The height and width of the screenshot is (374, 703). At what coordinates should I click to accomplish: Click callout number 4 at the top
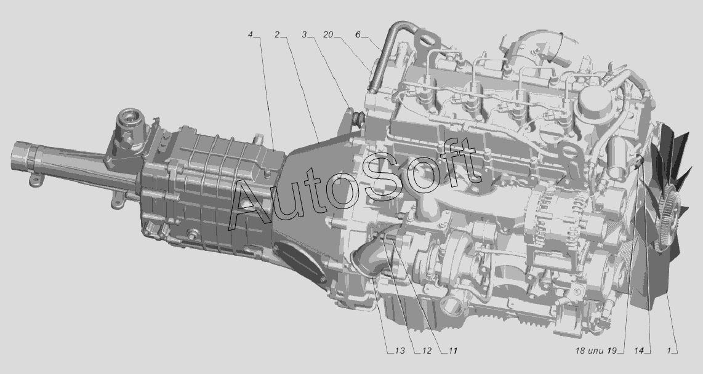point(251,35)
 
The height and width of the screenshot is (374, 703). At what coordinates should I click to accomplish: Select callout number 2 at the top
point(278,35)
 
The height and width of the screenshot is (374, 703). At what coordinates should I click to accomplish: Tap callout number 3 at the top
point(304,35)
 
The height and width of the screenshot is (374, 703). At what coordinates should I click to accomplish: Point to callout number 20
point(327,35)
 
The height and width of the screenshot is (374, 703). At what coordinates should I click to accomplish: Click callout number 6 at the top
point(358,35)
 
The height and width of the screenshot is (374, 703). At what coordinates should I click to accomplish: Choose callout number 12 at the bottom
point(426,351)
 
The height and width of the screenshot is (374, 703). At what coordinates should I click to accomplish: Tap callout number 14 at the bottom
point(639,351)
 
